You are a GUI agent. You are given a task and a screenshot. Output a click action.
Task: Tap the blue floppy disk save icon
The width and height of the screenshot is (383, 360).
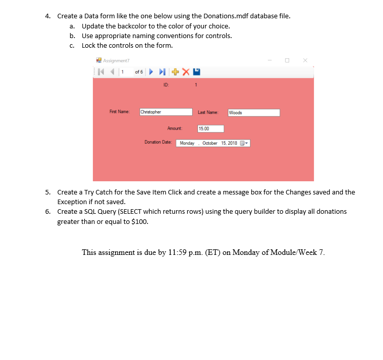[x=196, y=72]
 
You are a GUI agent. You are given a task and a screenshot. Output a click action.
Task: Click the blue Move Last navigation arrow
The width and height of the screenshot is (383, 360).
[x=162, y=72]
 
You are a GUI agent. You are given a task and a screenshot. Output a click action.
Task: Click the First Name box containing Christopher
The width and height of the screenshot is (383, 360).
[x=166, y=112]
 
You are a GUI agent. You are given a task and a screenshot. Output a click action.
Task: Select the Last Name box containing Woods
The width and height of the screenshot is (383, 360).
[x=254, y=113]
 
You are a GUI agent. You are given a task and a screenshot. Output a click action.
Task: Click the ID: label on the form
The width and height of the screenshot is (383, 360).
[x=166, y=85]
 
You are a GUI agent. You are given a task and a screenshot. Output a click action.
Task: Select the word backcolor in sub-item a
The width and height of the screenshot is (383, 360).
[x=125, y=26]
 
